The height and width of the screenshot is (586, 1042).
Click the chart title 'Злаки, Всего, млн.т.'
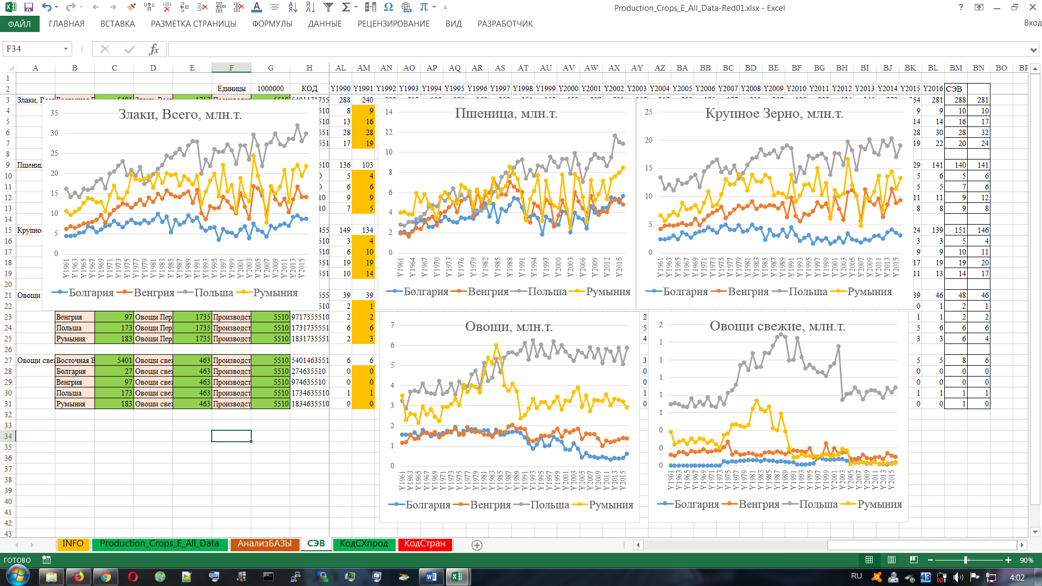click(x=180, y=114)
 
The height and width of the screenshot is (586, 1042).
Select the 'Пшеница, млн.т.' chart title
click(x=506, y=113)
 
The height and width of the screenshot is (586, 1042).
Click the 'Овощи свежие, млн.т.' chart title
click(x=777, y=326)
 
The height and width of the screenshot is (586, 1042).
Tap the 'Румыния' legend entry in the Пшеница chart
click(x=608, y=292)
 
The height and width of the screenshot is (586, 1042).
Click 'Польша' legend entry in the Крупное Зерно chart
click(x=808, y=292)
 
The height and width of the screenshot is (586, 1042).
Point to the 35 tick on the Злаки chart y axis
click(x=54, y=113)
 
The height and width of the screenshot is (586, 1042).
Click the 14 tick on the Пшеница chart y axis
click(x=389, y=112)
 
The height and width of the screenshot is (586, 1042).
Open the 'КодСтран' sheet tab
click(x=424, y=544)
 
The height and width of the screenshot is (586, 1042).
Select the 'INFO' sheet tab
click(x=73, y=544)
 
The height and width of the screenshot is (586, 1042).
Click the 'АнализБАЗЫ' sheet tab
click(x=264, y=544)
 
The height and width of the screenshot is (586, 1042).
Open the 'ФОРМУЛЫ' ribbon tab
click(x=272, y=24)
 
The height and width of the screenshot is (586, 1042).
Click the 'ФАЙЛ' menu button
click(x=20, y=24)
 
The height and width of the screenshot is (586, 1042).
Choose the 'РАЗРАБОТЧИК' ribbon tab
click(x=505, y=24)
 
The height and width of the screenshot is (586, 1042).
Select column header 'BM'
click(x=956, y=68)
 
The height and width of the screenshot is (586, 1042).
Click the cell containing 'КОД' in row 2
click(x=309, y=88)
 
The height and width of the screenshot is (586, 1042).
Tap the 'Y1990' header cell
click(x=340, y=88)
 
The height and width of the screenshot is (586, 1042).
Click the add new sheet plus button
click(x=477, y=545)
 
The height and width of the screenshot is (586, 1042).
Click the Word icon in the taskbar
click(x=431, y=577)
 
